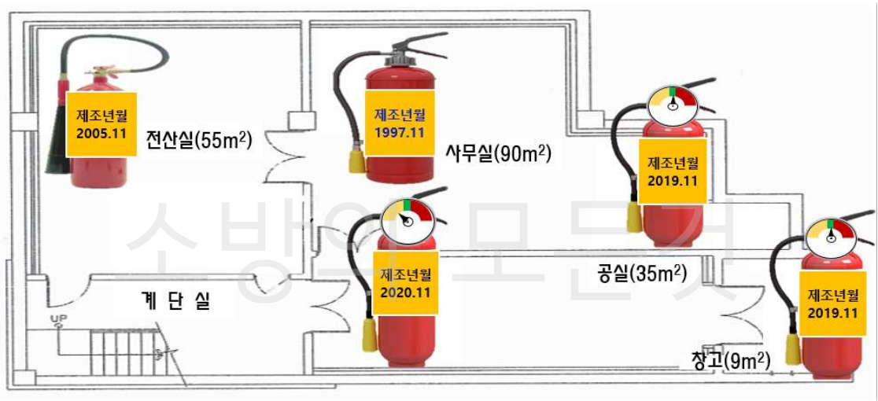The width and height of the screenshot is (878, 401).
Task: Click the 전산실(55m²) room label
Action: point(198,141)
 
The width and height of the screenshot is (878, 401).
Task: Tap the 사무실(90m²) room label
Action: point(497,153)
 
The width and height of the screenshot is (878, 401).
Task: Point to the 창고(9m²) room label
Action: point(730,361)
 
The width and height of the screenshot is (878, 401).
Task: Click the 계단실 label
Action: point(177,302)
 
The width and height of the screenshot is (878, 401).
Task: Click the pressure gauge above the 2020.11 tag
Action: point(408,223)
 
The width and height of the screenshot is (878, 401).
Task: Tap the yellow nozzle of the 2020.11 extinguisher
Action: point(369,336)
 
